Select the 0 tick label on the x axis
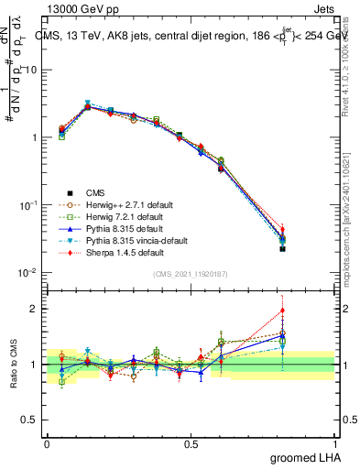click(47, 443)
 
